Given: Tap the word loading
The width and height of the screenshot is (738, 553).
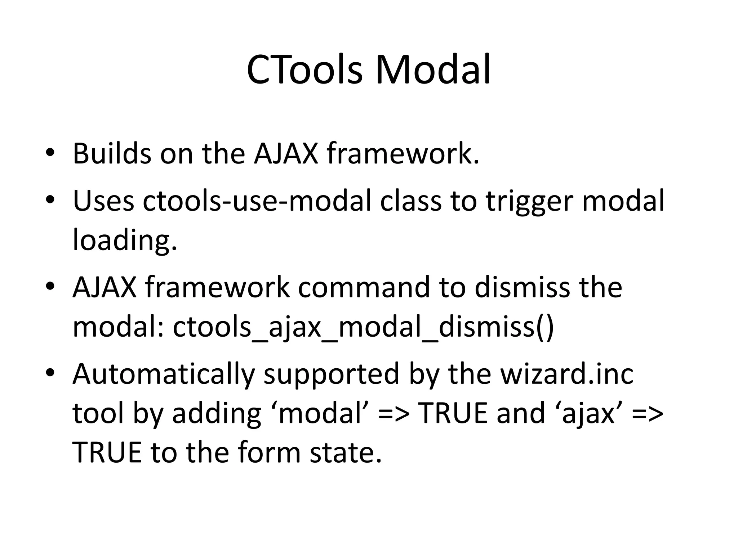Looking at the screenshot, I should pos(125,241).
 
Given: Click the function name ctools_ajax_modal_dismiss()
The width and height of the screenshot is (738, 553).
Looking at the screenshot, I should pos(363,328).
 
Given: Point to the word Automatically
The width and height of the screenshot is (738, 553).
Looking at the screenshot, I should pos(164,374).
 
